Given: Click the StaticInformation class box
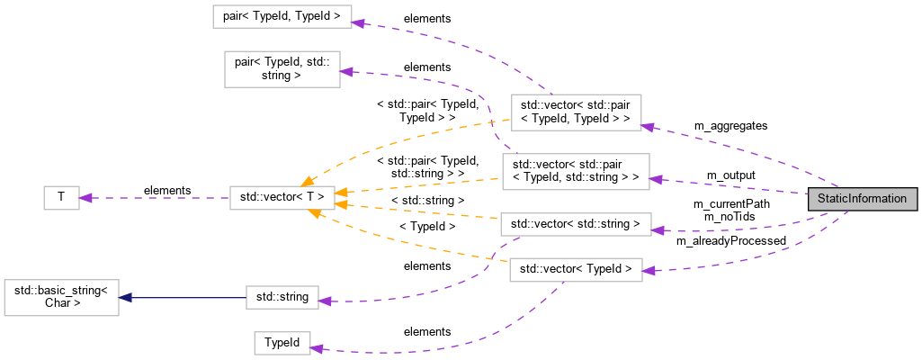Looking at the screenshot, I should (863, 198).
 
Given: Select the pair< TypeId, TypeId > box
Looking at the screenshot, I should (281, 17).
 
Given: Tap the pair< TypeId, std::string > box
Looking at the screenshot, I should (281, 69).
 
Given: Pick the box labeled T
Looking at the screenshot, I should (61, 197).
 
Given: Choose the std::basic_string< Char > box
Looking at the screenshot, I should (61, 297).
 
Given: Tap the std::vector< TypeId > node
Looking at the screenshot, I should (576, 268).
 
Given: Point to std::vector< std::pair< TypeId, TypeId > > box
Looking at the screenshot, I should (576, 112).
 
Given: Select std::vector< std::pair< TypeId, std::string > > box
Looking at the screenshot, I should (576, 171).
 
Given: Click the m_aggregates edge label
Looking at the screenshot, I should (730, 125).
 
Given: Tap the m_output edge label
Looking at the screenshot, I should (730, 174).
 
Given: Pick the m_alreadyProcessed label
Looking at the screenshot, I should (730, 240).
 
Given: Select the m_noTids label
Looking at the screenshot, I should (729, 217).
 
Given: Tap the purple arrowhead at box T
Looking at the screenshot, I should (86, 197).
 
